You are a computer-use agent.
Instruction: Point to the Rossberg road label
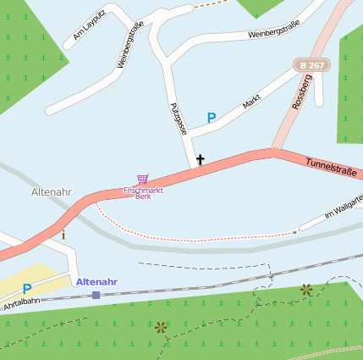pyautogui.click(x=301, y=91)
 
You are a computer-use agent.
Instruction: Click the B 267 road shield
pyautogui.click(x=311, y=65)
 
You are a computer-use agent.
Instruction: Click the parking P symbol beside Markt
pyautogui.click(x=212, y=118)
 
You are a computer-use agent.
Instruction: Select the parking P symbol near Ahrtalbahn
pyautogui.click(x=27, y=289)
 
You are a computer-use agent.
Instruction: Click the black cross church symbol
pyautogui.click(x=201, y=159)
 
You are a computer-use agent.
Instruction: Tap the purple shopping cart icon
pyautogui.click(x=142, y=180)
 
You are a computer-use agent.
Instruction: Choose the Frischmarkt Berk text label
pyautogui.click(x=143, y=193)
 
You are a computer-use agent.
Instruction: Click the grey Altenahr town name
pyautogui.click(x=51, y=192)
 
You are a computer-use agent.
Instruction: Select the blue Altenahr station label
pyautogui.click(x=96, y=281)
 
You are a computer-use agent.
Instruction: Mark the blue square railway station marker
pyautogui.click(x=96, y=295)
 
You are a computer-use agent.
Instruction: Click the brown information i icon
pyautogui.click(x=63, y=234)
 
